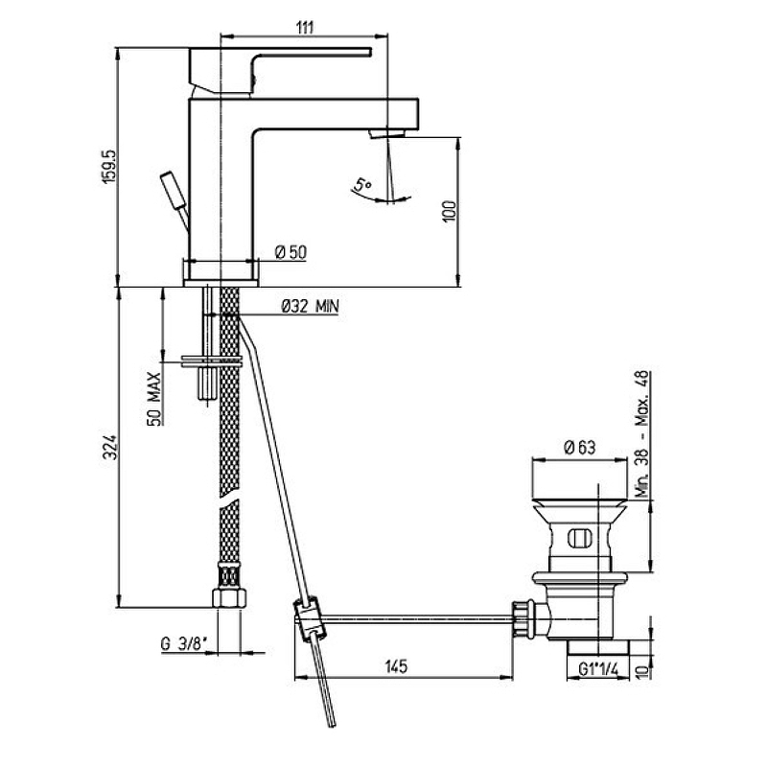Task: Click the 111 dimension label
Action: (x=304, y=28)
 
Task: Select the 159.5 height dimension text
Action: (x=108, y=167)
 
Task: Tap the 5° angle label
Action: (x=363, y=185)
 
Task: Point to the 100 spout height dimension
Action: (x=450, y=212)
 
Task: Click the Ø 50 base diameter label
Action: (x=291, y=252)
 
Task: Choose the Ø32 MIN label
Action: (x=310, y=307)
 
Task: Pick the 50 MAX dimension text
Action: (x=154, y=399)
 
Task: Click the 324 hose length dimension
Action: (x=112, y=447)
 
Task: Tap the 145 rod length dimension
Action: (x=396, y=666)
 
